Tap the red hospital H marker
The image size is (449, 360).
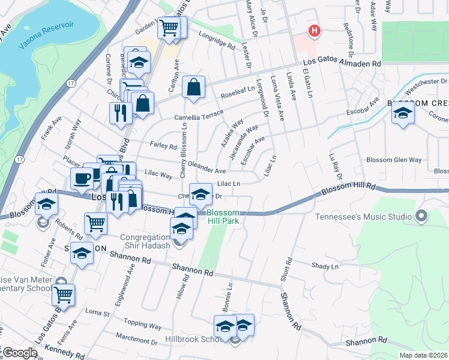tap(314, 31)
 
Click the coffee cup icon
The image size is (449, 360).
tap(82, 178)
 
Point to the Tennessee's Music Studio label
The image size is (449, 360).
tap(363, 215)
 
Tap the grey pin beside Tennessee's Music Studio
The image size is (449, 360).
tap(422, 215)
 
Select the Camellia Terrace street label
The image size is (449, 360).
tap(199, 115)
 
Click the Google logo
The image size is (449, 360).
tap(19, 353)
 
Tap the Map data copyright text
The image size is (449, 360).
tap(424, 355)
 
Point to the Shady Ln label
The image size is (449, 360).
tap(325, 266)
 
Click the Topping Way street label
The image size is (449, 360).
tap(147, 326)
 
